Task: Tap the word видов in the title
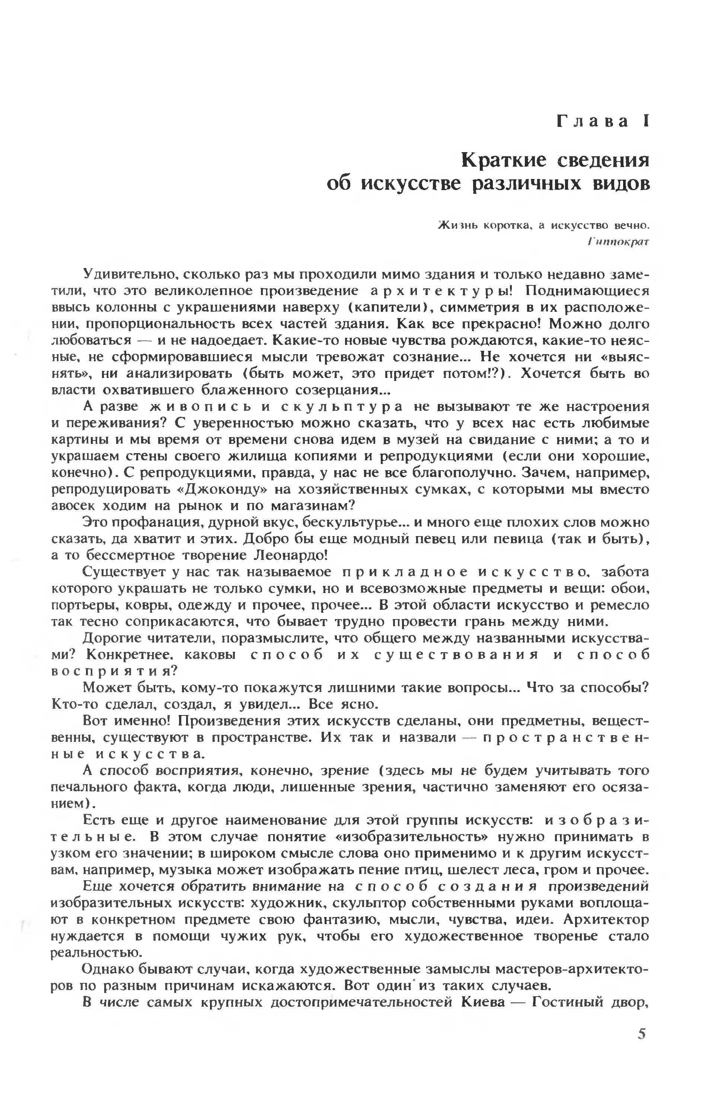point(621,184)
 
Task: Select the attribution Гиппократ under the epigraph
point(619,241)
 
